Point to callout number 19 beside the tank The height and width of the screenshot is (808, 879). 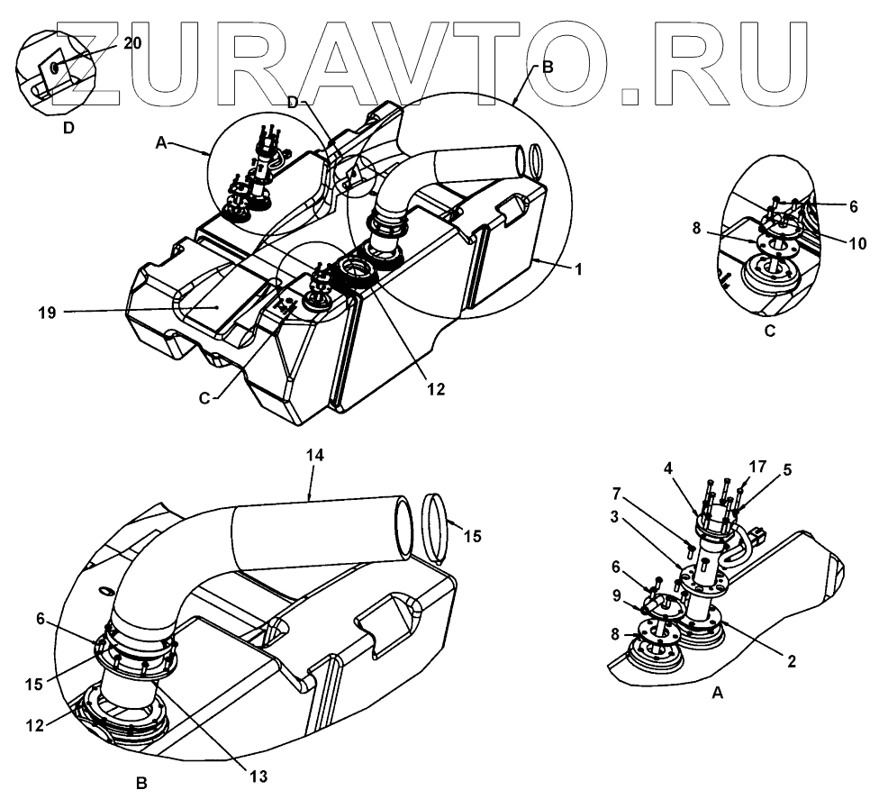tap(48, 313)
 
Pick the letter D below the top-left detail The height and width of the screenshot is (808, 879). tap(68, 128)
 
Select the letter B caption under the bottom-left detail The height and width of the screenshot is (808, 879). tap(141, 784)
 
